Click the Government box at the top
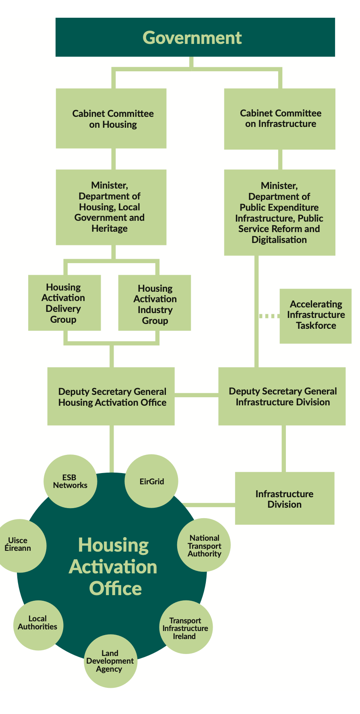pos(195,37)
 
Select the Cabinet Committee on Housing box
pos(111,118)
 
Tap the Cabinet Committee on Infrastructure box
pos(279,118)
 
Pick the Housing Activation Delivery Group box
pos(64,303)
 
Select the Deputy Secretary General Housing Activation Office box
pos(111,396)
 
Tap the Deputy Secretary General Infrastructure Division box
pos(282,396)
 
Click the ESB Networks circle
pos(70,481)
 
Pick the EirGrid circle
pos(151,481)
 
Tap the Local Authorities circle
pos(38,623)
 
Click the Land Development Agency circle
pos(110,660)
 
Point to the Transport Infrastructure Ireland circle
pos(185,627)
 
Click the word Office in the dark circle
pos(116,588)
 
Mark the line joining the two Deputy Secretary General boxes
pos(197,395)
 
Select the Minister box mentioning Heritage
pos(111,207)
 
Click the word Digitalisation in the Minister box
pos(279,240)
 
